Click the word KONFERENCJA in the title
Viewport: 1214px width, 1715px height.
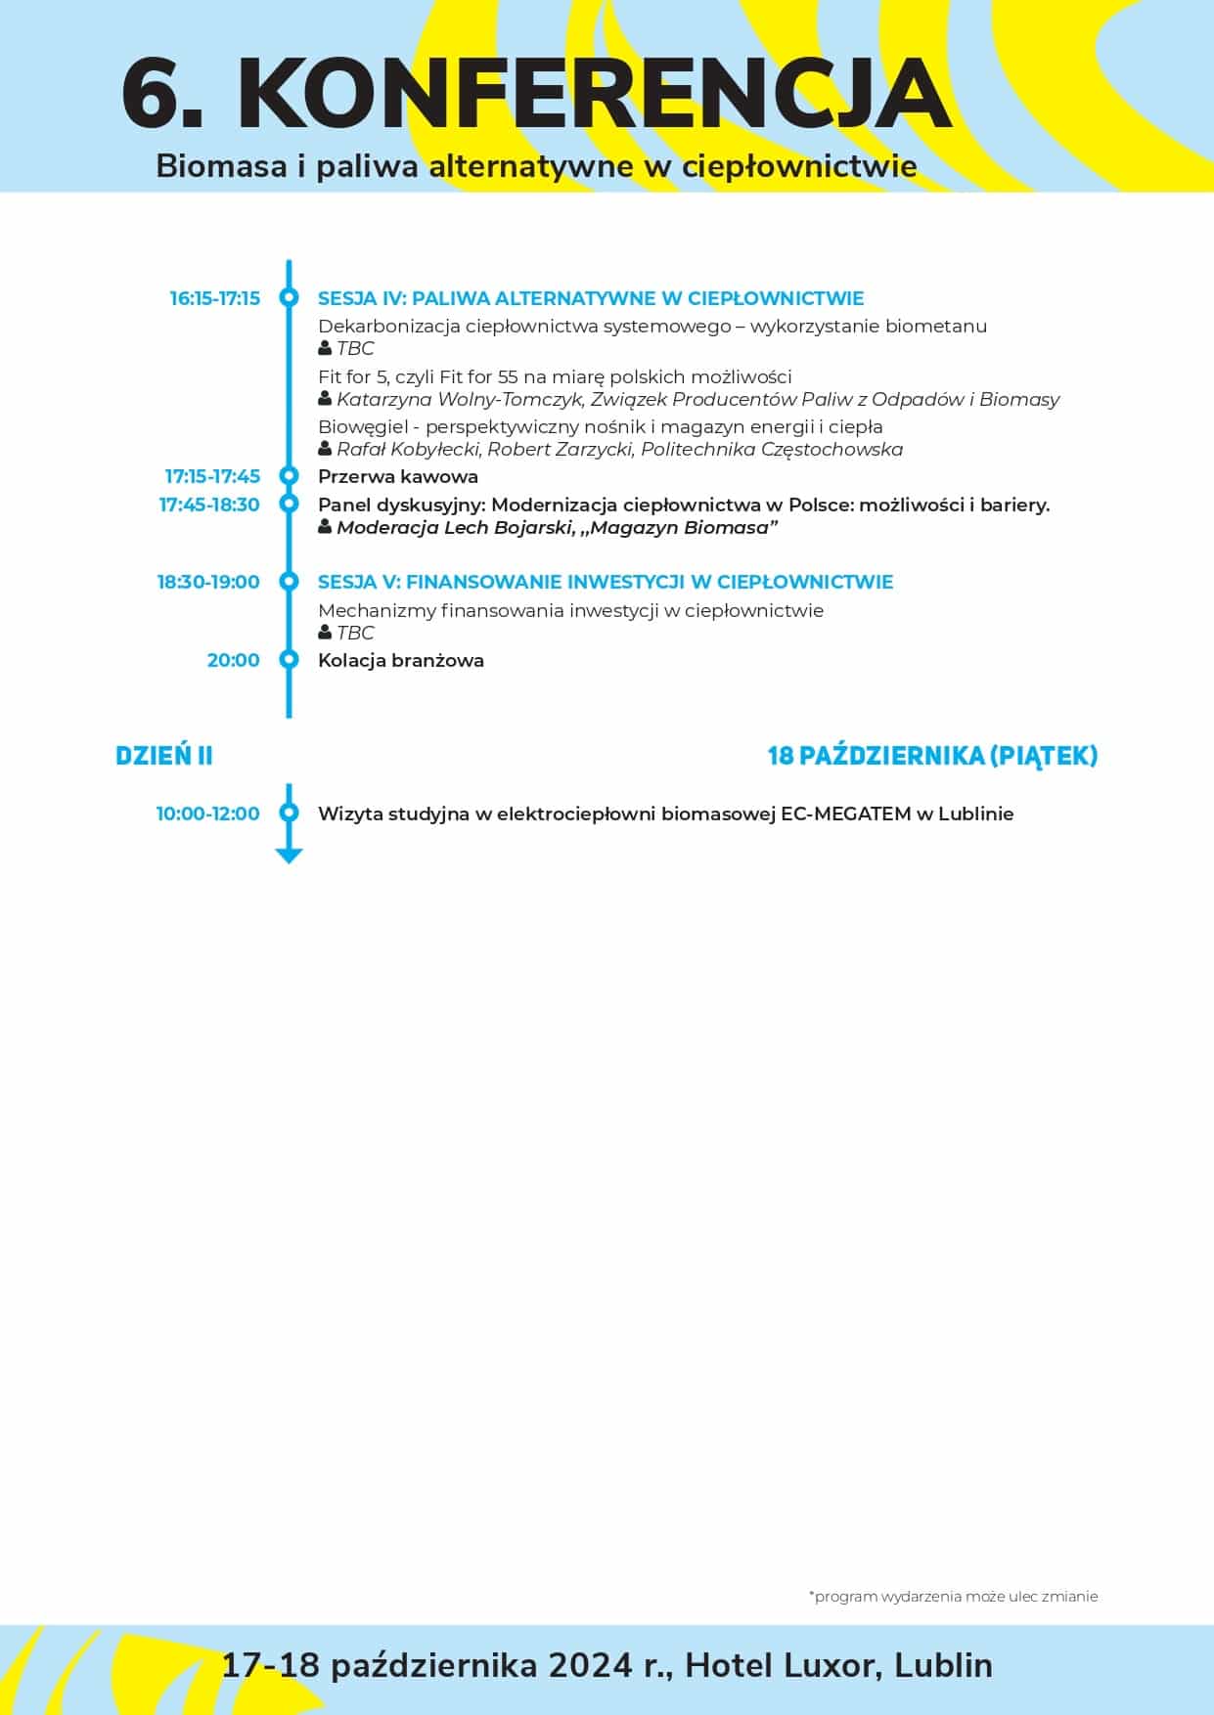tap(594, 95)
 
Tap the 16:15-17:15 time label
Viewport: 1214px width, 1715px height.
tap(215, 298)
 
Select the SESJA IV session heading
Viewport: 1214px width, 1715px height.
tap(591, 298)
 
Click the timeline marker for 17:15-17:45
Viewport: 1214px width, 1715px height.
tap(289, 476)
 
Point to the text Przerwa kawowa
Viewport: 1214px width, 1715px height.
tap(398, 477)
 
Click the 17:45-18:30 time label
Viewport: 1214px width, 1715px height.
tap(209, 505)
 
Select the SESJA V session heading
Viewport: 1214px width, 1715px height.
tap(606, 582)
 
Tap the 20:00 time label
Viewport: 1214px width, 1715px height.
tap(233, 660)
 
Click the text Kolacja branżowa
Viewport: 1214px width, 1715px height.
tap(401, 660)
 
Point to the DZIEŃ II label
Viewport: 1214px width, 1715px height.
tap(164, 756)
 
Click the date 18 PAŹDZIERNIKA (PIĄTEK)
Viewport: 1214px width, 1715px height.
tap(932, 756)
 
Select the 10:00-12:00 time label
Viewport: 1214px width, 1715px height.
tap(208, 814)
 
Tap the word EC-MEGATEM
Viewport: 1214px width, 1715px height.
tap(845, 814)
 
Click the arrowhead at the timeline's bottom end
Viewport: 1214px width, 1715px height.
tap(289, 856)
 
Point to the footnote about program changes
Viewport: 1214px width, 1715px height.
tap(953, 1597)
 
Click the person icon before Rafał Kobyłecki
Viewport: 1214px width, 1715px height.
tap(325, 449)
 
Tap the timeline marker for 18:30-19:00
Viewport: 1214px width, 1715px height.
tap(289, 582)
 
